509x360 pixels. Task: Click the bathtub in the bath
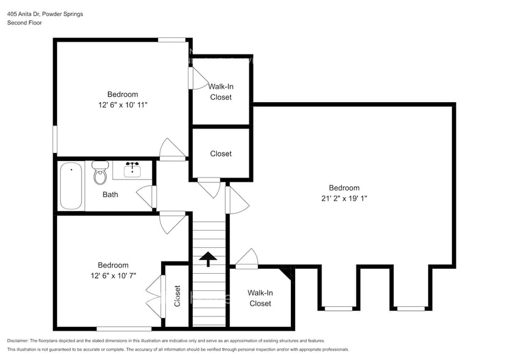[72, 186]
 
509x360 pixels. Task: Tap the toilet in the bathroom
[100, 174]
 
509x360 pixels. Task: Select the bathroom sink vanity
[133, 170]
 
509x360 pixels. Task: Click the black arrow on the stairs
[208, 259]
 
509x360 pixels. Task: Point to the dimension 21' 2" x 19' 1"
[344, 198]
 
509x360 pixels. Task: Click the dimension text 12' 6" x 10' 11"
[123, 105]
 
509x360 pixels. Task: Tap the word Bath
[110, 195]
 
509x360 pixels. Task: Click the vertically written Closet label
[178, 296]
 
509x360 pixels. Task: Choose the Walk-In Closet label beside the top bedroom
[221, 92]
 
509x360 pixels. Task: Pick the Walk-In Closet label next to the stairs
[260, 298]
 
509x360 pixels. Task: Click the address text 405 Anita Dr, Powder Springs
[45, 13]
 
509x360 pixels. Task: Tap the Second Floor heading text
[25, 23]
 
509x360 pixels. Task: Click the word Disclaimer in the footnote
[20, 340]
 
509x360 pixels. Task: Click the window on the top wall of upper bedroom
[172, 40]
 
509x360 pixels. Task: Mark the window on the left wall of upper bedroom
[55, 140]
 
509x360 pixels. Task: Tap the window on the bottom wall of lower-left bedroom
[124, 329]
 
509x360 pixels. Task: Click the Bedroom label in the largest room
[344, 188]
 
